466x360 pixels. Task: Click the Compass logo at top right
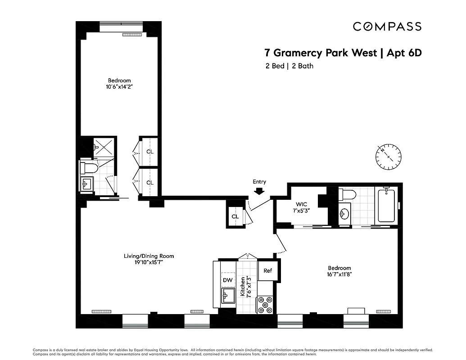[x=387, y=27]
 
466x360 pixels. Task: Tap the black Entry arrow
[x=259, y=191]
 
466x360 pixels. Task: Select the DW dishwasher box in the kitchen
[x=228, y=280]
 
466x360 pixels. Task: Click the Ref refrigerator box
[x=268, y=271]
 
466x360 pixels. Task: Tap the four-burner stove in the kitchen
[x=265, y=305]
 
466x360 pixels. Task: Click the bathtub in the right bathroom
[x=386, y=206]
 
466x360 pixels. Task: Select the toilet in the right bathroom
[x=347, y=194]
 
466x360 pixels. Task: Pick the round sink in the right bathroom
[x=345, y=213]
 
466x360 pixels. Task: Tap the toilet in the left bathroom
[x=88, y=168]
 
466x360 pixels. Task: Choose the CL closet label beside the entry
[x=235, y=216]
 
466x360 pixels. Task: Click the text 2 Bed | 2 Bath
[x=289, y=66]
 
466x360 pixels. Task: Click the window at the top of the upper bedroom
[x=119, y=27]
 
